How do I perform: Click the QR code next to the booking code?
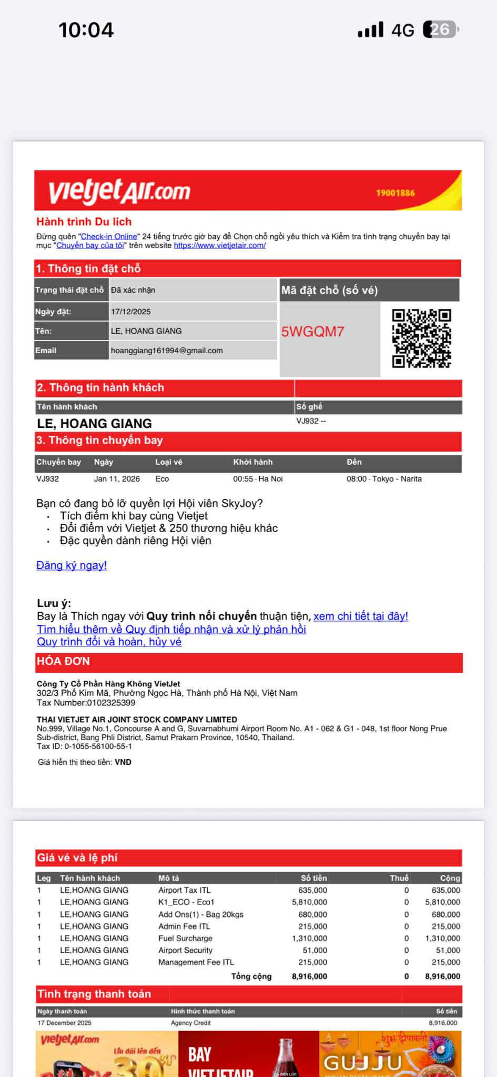click(421, 338)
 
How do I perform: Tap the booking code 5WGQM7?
click(312, 332)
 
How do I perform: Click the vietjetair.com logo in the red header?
click(119, 192)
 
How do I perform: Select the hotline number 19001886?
click(395, 193)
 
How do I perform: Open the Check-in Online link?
click(109, 237)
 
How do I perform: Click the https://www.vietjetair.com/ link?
click(220, 245)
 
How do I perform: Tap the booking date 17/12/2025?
click(131, 312)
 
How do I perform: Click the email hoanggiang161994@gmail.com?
click(167, 351)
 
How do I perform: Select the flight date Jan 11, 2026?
click(117, 479)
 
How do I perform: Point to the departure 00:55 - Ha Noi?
click(258, 479)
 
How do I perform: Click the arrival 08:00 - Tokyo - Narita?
click(384, 479)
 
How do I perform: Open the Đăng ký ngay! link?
click(72, 565)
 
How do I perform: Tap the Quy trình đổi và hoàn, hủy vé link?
click(109, 642)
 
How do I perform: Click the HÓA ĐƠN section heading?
click(63, 661)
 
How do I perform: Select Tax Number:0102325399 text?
click(86, 703)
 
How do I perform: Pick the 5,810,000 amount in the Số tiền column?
click(309, 902)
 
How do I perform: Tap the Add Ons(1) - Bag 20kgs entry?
click(200, 914)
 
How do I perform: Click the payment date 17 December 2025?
click(64, 1023)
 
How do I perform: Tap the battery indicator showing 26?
click(441, 29)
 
